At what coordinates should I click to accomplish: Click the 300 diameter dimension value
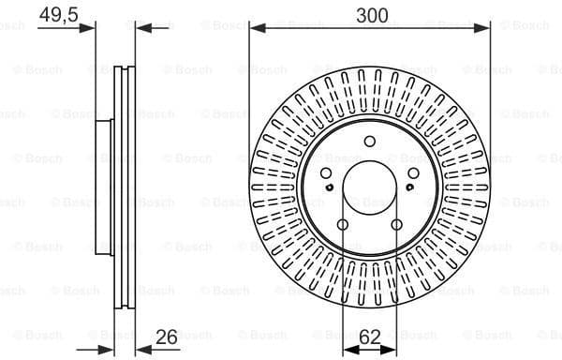[x=371, y=15]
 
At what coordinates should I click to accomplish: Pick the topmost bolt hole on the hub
[x=371, y=142]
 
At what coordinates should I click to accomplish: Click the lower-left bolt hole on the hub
[x=343, y=224]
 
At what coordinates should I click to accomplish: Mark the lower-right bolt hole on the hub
[x=399, y=224]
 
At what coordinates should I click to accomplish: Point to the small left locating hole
[x=330, y=189]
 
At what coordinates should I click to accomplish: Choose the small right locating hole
[x=412, y=189]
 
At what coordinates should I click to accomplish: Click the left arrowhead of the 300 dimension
[x=256, y=29]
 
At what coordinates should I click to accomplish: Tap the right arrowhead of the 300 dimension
[x=485, y=29]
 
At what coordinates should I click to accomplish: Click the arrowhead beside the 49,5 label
[x=91, y=28]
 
